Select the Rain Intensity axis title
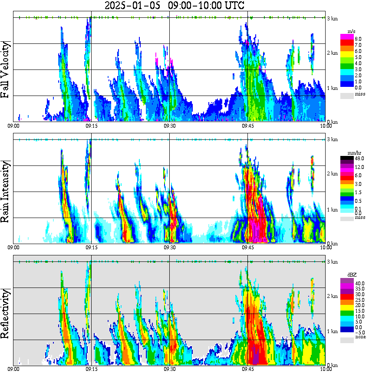(6, 192)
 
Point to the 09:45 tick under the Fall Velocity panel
(247, 126)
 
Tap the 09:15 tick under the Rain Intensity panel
(91, 247)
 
